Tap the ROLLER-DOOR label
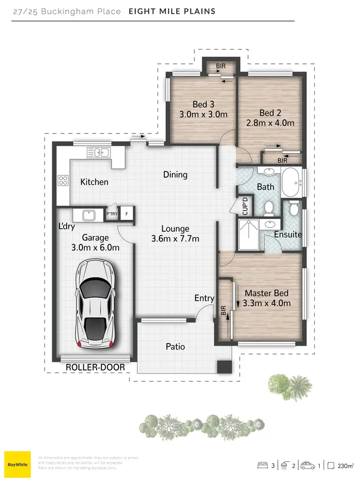[x=95, y=367]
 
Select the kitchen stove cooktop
[x=63, y=180]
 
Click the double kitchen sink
[x=98, y=153]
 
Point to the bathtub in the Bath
[x=292, y=182]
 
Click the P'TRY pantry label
[x=111, y=214]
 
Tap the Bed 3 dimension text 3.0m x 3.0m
[x=203, y=115]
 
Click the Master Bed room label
[x=267, y=293]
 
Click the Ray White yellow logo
[x=17, y=465]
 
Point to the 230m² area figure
[x=345, y=465]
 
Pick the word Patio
[x=175, y=346]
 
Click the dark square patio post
[x=224, y=367]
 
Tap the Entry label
[x=204, y=298]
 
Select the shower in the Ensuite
[x=249, y=235]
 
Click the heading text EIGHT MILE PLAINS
[x=172, y=11]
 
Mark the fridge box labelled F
[x=127, y=214]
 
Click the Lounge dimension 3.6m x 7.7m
[x=175, y=239]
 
